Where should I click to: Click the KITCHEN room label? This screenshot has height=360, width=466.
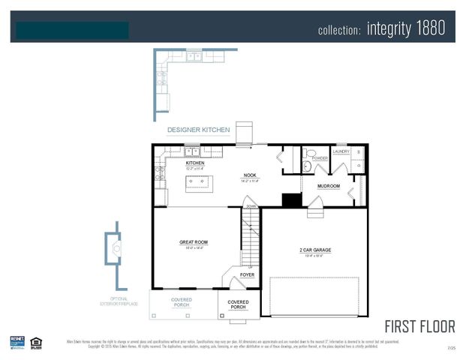(x=195, y=163)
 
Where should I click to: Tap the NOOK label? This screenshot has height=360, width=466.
(x=250, y=175)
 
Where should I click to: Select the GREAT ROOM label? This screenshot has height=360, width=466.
(x=194, y=242)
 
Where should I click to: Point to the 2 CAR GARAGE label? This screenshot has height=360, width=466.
(x=315, y=250)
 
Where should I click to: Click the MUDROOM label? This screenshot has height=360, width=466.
(x=328, y=186)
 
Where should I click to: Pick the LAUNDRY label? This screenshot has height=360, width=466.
(x=341, y=151)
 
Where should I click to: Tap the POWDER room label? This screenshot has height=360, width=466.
(x=320, y=158)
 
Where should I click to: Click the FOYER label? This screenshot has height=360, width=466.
(x=247, y=275)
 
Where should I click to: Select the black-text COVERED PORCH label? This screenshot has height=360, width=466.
(x=238, y=304)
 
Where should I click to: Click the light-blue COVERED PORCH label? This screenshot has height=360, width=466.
(x=182, y=302)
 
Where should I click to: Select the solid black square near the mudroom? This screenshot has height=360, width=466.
(x=291, y=200)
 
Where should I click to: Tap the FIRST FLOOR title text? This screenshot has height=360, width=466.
(x=419, y=326)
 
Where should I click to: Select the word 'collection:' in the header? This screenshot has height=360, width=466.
(x=340, y=30)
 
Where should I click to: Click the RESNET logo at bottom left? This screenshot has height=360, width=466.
(x=17, y=341)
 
